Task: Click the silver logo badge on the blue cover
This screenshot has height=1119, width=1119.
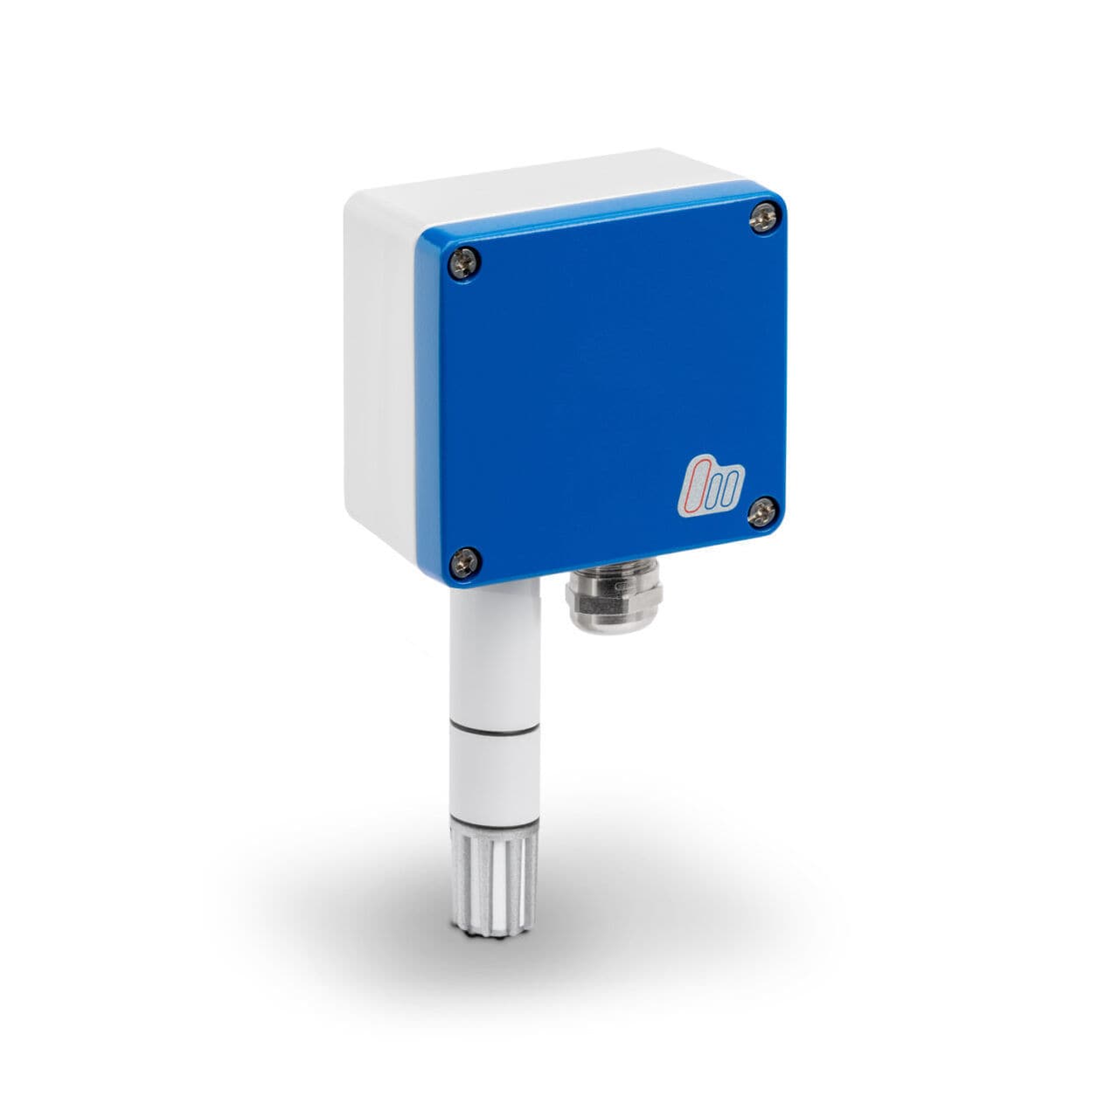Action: tap(711, 483)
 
